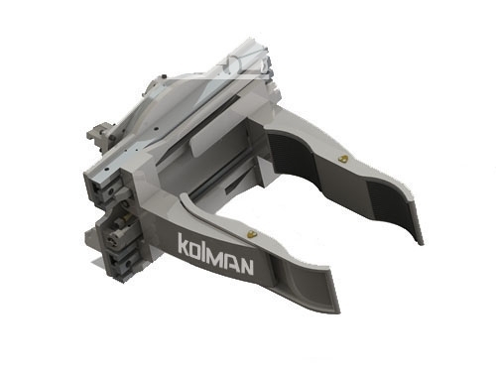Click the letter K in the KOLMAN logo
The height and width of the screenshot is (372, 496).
[184, 243]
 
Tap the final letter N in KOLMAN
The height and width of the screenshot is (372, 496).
[246, 266]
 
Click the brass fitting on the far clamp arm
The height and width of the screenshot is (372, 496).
[344, 159]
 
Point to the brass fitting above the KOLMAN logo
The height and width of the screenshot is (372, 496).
[253, 234]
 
